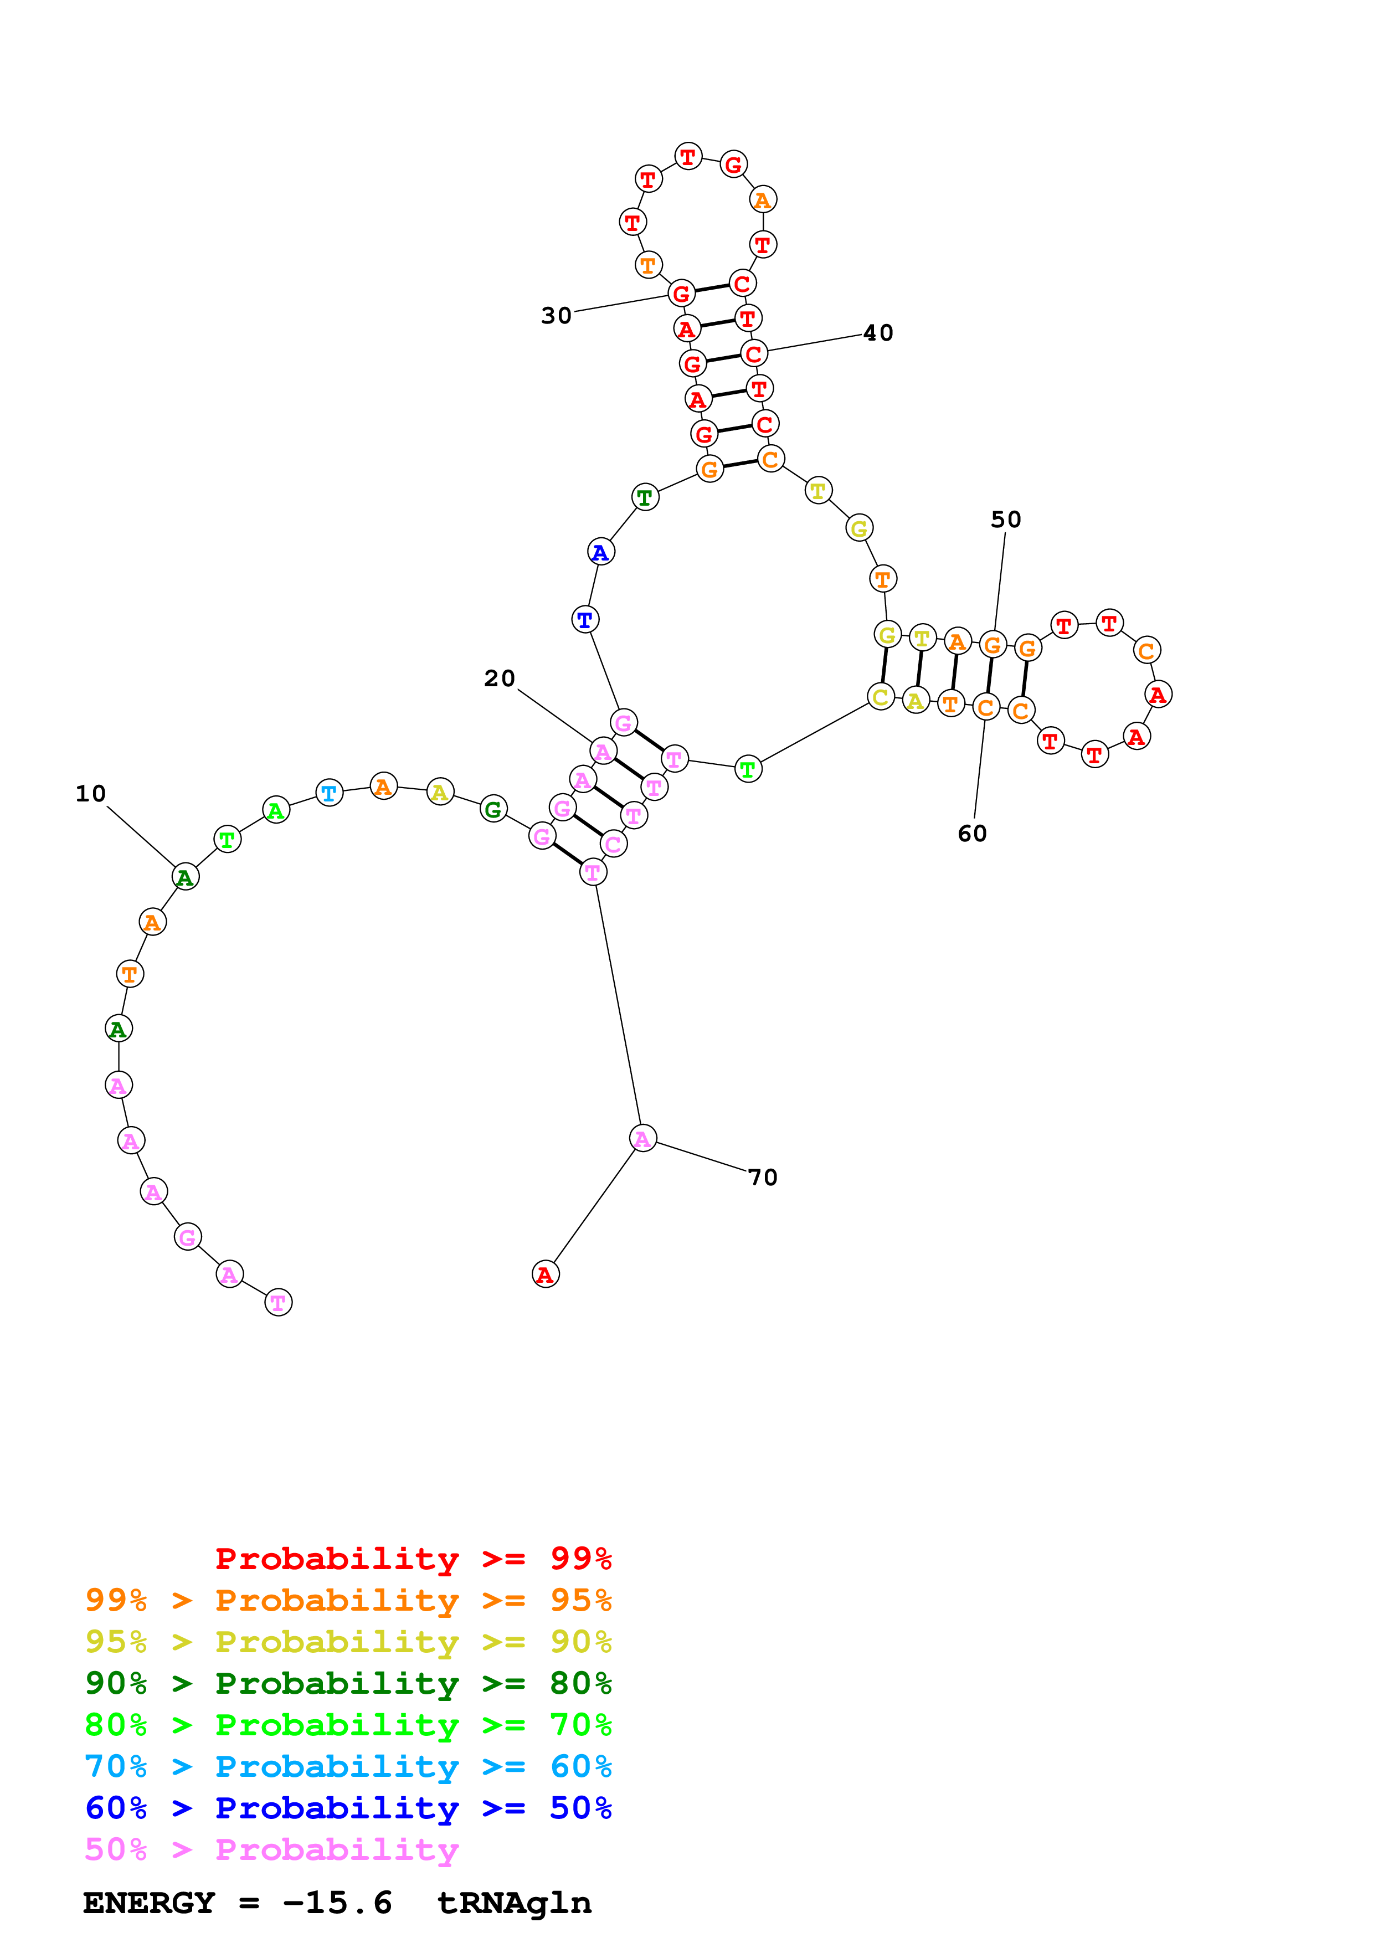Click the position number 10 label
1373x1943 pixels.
pos(90,794)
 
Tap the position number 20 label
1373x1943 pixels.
pos(499,678)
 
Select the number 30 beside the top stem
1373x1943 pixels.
pos(557,316)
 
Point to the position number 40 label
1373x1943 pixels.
pos(878,333)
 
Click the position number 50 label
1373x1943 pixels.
pos(1006,520)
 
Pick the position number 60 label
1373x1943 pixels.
pos(972,834)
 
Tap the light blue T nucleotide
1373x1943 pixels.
pos(329,794)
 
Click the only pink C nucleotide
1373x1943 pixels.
pos(613,844)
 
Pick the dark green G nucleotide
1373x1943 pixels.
pos(493,809)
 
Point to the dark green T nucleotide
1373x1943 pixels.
pos(645,497)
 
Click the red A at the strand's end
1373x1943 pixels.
pos(546,1273)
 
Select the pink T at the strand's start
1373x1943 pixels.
pos(279,1302)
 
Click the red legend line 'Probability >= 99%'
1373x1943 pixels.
pos(413,1559)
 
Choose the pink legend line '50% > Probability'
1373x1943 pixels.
pos(271,1850)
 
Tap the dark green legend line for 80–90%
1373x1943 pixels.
pos(348,1684)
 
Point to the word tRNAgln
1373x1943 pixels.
pos(513,1903)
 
